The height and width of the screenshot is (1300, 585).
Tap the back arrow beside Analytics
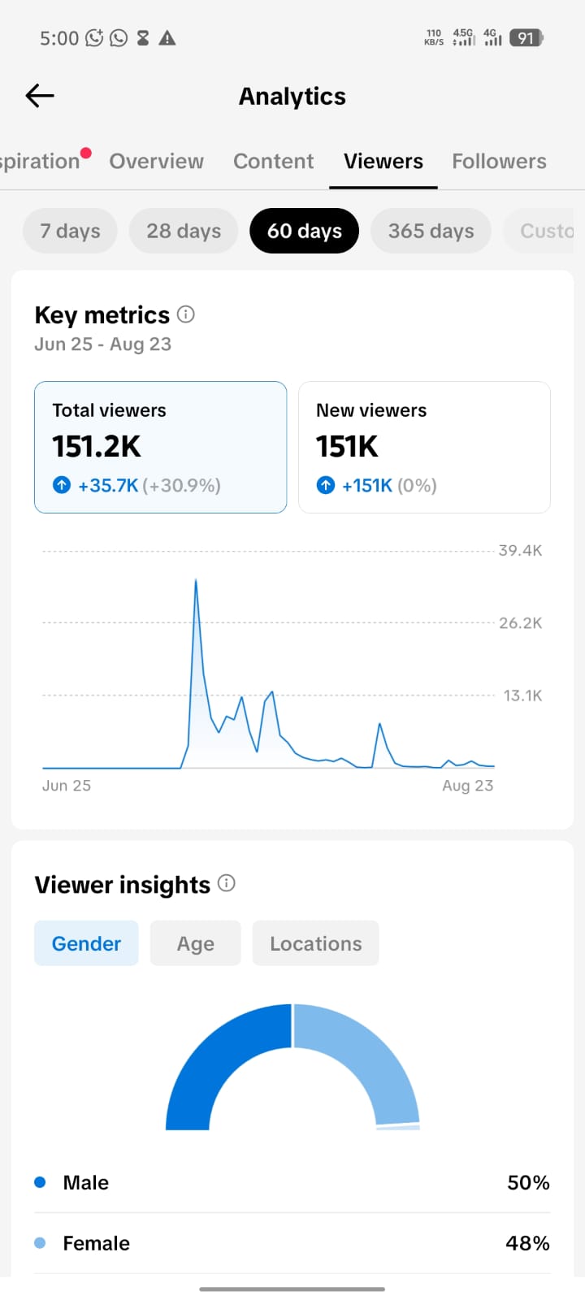coord(40,96)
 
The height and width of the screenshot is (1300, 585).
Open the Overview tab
coord(157,162)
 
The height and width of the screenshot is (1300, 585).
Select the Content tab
coord(273,162)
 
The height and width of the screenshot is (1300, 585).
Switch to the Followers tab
coord(499,162)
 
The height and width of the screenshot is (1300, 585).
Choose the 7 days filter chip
coord(70,231)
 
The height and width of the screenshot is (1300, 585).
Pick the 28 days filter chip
coord(184,231)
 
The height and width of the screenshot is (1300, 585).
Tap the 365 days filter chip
coord(431,231)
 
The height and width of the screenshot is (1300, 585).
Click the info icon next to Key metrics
coord(186,314)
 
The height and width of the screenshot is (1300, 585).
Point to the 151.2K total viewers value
coord(97,446)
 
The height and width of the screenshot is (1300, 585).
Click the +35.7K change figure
coord(108,485)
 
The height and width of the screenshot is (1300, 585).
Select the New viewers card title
coord(371,410)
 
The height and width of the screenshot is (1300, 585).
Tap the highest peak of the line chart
coord(196,580)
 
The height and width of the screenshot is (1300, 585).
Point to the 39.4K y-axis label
coord(521,550)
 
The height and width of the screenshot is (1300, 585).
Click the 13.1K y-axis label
coord(522,695)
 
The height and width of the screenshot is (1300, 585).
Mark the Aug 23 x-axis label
coord(468,785)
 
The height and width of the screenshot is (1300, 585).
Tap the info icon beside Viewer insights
coord(227,883)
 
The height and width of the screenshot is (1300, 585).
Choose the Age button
coord(196,943)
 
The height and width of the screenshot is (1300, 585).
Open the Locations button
coord(316,943)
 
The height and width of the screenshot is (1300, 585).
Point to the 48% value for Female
coord(527,1242)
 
